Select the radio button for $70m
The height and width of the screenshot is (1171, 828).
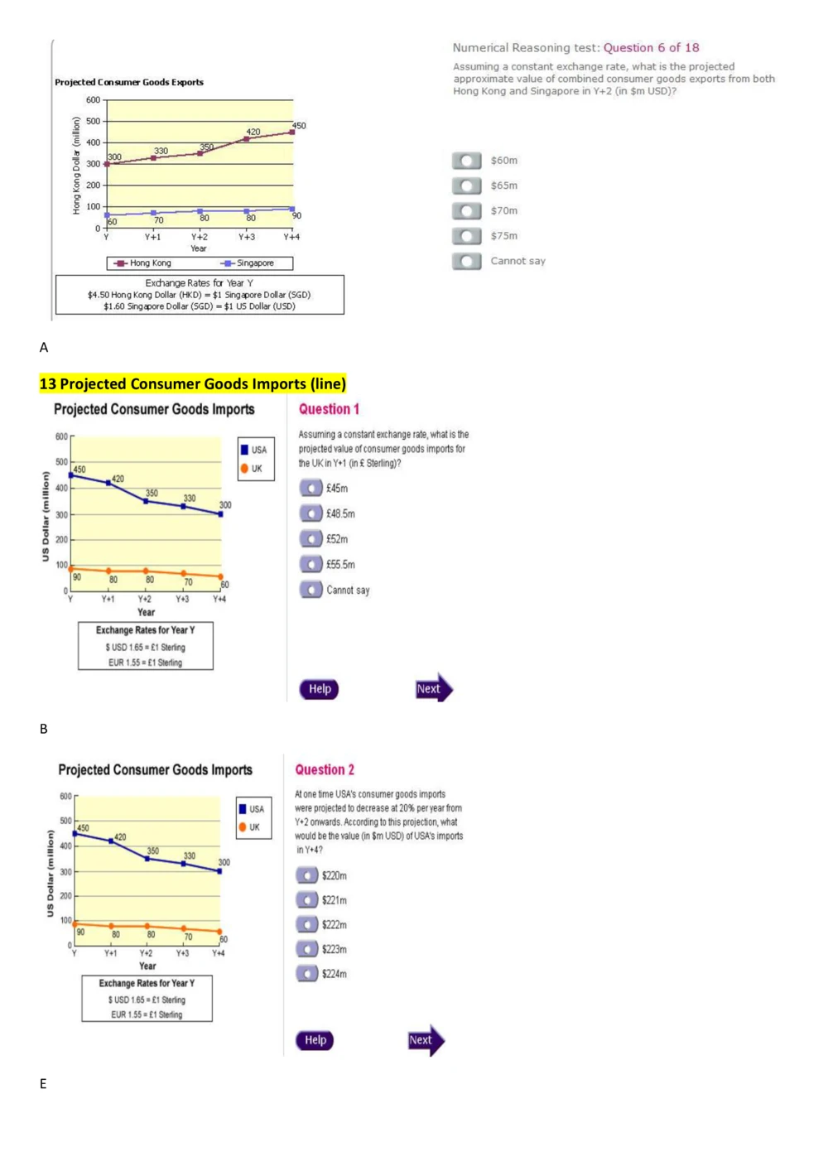(x=466, y=211)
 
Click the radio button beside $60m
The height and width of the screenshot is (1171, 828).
(x=466, y=161)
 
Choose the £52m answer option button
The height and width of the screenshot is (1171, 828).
(x=310, y=539)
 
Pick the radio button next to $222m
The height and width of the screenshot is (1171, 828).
(x=306, y=924)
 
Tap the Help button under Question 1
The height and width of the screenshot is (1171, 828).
(x=319, y=689)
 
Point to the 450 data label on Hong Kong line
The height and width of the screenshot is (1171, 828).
(x=299, y=126)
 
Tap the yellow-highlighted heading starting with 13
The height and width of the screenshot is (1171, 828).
(x=192, y=383)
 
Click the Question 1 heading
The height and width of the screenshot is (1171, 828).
(x=329, y=409)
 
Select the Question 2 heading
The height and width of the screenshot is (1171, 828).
(x=325, y=769)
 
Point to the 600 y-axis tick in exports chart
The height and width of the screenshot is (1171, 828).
(x=93, y=100)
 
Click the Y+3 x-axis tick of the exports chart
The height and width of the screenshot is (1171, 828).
(x=247, y=237)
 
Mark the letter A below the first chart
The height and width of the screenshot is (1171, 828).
(x=44, y=347)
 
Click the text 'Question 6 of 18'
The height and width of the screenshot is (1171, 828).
(x=651, y=48)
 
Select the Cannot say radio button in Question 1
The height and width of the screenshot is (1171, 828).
(x=310, y=590)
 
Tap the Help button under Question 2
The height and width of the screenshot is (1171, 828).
(x=315, y=1040)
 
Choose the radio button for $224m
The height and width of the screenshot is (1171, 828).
(x=306, y=973)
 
